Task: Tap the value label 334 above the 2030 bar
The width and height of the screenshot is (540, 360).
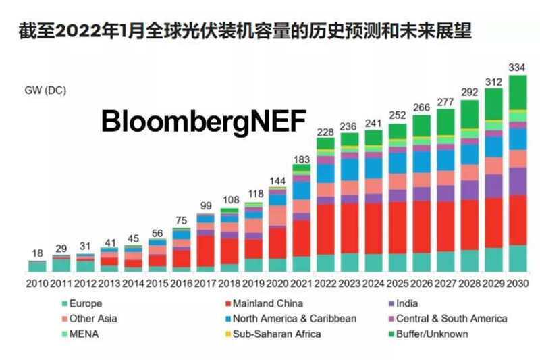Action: point(518,67)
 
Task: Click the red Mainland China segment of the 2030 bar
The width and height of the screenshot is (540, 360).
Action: point(518,220)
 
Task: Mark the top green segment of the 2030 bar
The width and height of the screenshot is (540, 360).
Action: point(518,92)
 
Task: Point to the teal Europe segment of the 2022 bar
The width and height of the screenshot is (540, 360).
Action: point(326,263)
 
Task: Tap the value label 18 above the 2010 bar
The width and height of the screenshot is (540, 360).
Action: point(37,254)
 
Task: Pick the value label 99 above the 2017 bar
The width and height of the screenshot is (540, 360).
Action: point(205,206)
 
